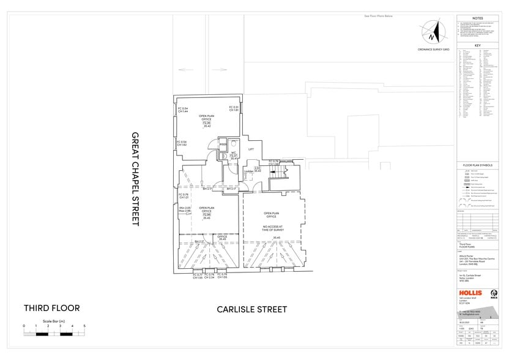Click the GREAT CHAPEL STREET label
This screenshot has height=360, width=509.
pos(135,179)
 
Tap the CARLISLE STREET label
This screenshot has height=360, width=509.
pos(251,310)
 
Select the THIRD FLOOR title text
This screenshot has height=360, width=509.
pos(51,308)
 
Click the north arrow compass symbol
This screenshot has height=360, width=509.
pos(434,34)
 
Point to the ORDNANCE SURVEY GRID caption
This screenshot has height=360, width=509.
pos(433,48)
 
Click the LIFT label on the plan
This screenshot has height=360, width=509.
pos(251,149)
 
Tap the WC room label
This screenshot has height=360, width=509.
pos(233,152)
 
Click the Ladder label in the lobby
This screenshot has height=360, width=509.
pos(249,170)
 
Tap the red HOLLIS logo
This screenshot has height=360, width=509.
pos(471,293)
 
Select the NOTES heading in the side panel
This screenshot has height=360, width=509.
pos(478,18)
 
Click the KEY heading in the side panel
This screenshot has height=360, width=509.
pos(478,46)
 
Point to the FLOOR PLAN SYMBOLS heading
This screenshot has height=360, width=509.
pos(478,165)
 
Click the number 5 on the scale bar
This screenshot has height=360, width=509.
pos(84,326)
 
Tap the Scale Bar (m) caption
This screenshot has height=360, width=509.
pos(54,321)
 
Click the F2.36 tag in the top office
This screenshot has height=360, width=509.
pos(207,123)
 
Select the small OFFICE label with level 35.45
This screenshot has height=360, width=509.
pos(223,237)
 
